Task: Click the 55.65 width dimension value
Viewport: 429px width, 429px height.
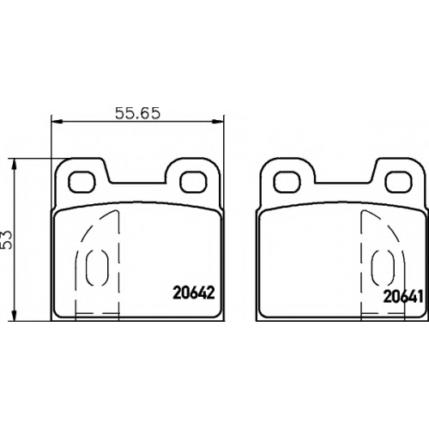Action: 137,113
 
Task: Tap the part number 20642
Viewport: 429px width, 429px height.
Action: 194,293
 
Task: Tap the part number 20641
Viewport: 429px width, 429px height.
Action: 403,297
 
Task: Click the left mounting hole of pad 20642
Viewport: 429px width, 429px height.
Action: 82,183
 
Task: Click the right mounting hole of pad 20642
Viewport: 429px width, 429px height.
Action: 193,183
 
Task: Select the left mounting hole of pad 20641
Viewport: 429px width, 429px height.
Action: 287,183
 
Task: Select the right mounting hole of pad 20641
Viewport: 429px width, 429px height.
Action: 399,183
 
